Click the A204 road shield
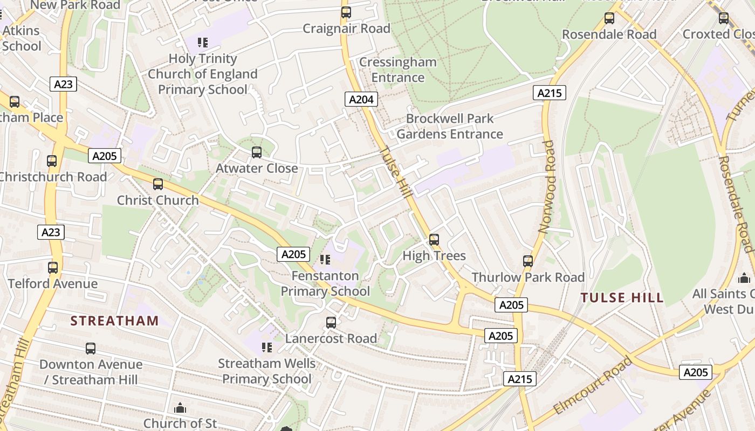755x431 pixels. [361, 99]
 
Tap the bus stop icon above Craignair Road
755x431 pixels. [346, 12]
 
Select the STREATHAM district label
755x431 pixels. [115, 321]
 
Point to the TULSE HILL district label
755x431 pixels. [622, 297]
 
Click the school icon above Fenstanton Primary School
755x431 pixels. [325, 260]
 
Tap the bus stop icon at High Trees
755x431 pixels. [434, 240]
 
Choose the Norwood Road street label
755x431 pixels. [547, 187]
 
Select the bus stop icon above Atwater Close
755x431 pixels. [257, 152]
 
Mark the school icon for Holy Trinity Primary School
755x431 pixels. [203, 42]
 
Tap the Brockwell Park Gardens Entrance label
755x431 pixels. [450, 126]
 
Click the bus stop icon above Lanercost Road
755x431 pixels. [331, 323]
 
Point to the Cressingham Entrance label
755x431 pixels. [398, 69]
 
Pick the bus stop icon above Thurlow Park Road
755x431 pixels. [528, 261]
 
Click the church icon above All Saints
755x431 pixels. [744, 278]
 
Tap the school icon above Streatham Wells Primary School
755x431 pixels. [266, 347]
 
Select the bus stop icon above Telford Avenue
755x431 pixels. [53, 268]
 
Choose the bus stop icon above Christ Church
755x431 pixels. [158, 184]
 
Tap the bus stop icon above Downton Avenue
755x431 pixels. [91, 349]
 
